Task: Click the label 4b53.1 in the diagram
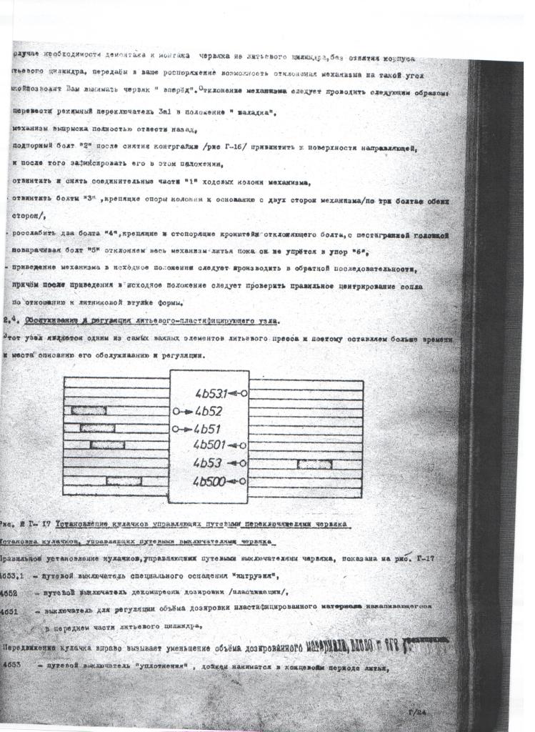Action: click(x=211, y=393)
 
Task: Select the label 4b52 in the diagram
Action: click(x=208, y=412)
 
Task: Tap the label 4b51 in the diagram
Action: click(x=207, y=429)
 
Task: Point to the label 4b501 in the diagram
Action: click(x=211, y=445)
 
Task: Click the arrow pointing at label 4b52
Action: click(x=184, y=412)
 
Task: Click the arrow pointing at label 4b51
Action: click(x=184, y=430)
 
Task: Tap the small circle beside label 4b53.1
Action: click(x=244, y=393)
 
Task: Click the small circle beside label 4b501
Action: click(x=244, y=445)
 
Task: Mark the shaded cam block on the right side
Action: click(x=314, y=464)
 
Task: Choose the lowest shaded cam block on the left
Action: click(x=124, y=481)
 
